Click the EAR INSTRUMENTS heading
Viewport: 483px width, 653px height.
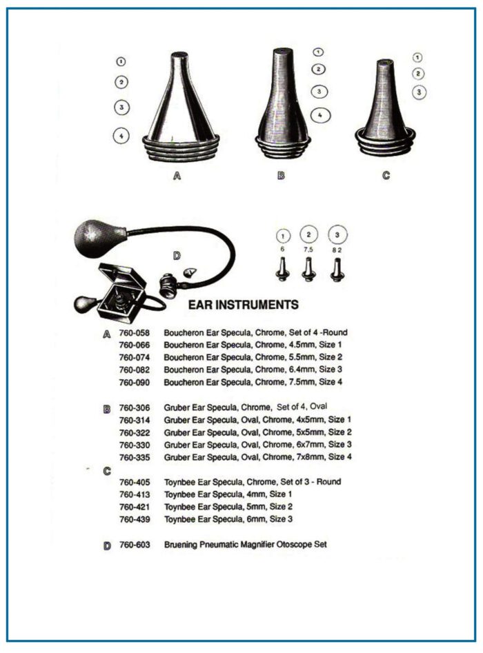click(x=244, y=304)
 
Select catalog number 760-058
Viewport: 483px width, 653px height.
click(x=134, y=333)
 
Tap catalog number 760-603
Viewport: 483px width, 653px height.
click(x=135, y=545)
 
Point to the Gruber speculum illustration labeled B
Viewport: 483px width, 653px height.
click(x=283, y=103)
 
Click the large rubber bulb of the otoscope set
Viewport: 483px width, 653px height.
click(x=100, y=239)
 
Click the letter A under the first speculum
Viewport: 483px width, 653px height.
click(x=177, y=176)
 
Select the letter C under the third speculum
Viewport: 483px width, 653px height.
click(x=386, y=175)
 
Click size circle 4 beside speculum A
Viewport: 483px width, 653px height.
click(x=121, y=136)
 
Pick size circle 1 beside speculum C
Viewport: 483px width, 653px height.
click(x=417, y=57)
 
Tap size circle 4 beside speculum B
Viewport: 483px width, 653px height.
click(x=320, y=115)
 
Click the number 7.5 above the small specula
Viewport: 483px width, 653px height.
click(x=308, y=250)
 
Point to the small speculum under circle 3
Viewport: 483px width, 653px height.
click(x=337, y=270)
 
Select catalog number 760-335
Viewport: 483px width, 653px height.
click(x=135, y=458)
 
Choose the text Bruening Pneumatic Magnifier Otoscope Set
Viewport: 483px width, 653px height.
click(x=246, y=545)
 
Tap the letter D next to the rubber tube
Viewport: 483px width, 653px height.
click(x=177, y=256)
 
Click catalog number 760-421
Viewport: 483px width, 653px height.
click(x=135, y=508)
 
